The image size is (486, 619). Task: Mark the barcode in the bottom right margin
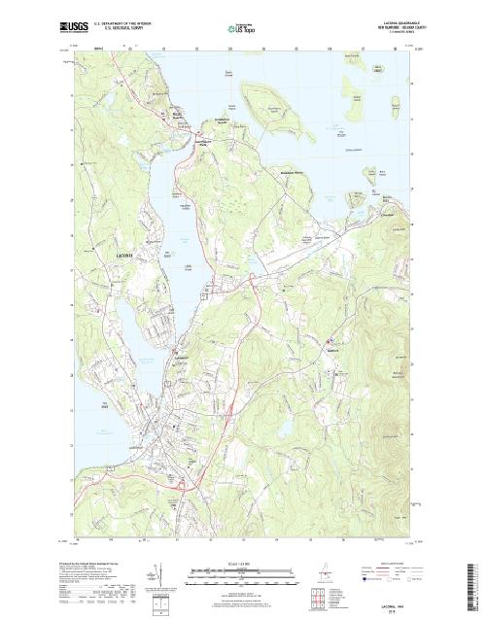(475, 583)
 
